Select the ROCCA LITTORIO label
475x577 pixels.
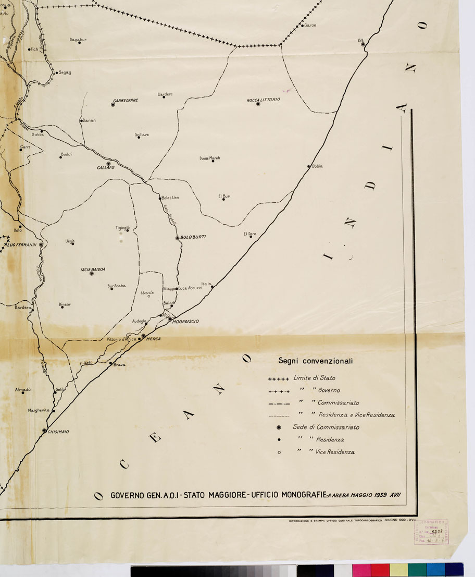point(263,99)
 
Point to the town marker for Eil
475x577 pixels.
point(363,45)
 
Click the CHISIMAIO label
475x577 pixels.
point(58,432)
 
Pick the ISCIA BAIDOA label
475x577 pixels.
point(93,269)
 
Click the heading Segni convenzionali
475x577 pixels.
point(316,360)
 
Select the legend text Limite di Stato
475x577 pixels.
point(314,378)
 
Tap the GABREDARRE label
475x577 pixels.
point(126,100)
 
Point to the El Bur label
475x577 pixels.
point(224,196)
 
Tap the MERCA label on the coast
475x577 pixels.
point(154,339)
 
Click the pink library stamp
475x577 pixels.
point(431,532)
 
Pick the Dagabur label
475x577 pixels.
point(78,39)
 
